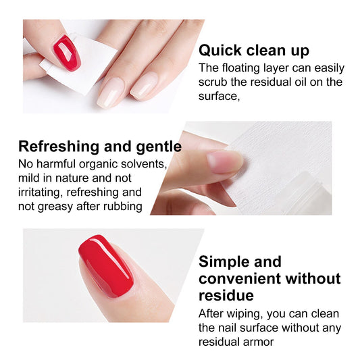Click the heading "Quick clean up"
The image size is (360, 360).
click(253, 51)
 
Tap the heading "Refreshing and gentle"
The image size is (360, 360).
click(99, 147)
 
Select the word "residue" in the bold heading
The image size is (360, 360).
click(226, 295)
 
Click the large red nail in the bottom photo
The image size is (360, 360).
click(106, 267)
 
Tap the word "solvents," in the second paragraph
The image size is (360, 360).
click(145, 164)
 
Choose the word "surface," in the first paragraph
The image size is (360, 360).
click(219, 96)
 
